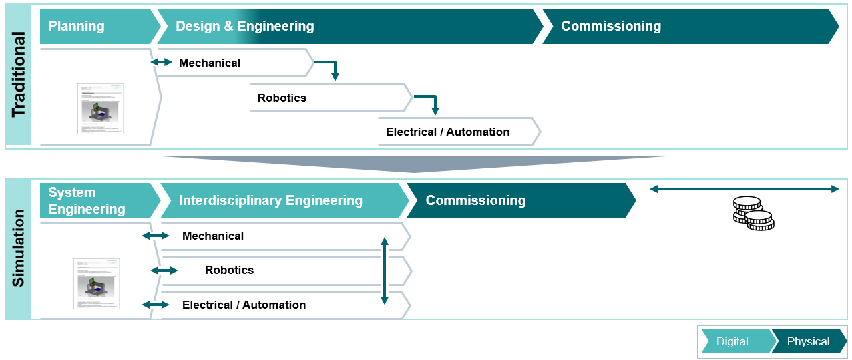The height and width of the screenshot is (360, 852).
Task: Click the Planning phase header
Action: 76,26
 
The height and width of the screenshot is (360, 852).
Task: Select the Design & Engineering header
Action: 244,26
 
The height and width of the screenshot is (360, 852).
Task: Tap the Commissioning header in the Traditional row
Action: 610,26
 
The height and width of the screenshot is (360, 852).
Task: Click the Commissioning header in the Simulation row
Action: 475,200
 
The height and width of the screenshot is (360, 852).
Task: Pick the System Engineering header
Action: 87,200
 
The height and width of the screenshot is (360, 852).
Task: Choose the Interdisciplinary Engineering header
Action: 270,200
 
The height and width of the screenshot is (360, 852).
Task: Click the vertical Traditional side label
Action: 19,74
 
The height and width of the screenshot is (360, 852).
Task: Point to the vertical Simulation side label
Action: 19,248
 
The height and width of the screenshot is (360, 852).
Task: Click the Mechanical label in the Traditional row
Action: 210,63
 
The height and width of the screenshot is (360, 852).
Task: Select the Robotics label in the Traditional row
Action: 282,98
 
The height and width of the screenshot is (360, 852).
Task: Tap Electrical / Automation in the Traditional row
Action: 447,132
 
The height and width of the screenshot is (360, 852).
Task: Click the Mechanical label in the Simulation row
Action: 213,236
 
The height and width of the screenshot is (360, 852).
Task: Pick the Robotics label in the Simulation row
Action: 229,270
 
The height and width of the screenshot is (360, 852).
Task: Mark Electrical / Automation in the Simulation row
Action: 244,305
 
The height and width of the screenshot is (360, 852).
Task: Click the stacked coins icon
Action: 753,214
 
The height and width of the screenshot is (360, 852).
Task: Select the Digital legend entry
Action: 732,341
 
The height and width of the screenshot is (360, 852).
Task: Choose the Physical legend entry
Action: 808,341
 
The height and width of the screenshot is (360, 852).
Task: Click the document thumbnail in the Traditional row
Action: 100,108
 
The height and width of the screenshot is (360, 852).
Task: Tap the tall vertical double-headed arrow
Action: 384,271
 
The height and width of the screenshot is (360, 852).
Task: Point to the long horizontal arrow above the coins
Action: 744,189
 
